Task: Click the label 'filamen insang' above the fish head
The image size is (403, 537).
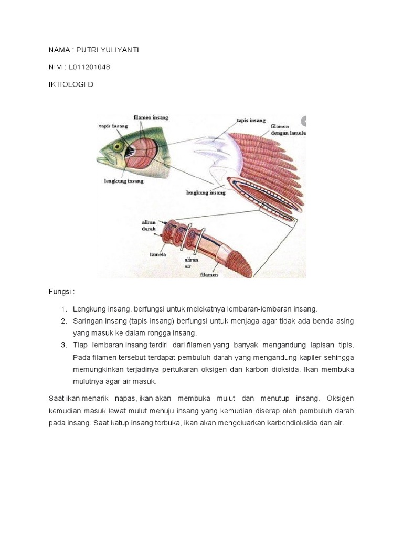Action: [151, 118]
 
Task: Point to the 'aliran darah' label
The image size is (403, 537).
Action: [149, 225]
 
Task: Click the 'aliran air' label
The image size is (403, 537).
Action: [190, 263]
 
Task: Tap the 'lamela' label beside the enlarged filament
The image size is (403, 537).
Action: [158, 254]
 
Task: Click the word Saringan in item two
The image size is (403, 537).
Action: [89, 321]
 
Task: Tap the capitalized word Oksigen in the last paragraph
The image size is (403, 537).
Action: [340, 398]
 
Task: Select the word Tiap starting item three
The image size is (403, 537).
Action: [80, 345]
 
